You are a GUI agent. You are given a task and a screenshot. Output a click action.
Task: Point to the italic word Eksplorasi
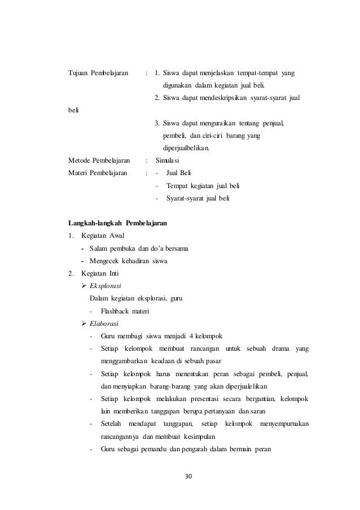pos(107,286)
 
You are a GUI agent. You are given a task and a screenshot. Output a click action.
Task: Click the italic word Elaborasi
pos(105,323)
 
